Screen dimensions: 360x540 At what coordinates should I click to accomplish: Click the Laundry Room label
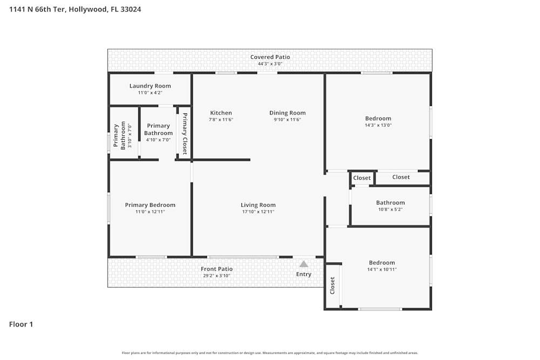coord(150,86)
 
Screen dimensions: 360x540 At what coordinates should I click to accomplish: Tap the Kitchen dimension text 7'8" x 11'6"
coord(221,120)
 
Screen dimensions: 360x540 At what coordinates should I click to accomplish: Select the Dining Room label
coord(287,113)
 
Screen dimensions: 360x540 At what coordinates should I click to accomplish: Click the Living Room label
coord(258,205)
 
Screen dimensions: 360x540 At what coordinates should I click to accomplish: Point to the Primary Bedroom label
coord(150,205)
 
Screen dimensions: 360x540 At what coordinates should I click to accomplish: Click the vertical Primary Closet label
coord(184,134)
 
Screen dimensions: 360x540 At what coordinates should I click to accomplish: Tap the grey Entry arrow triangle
coord(303,264)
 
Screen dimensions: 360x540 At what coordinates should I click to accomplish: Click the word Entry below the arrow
coord(303,274)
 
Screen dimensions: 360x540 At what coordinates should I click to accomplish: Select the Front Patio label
coord(217,269)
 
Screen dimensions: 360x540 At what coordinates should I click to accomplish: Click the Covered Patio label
coord(270,57)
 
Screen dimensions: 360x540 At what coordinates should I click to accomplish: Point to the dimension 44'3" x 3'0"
coord(270,64)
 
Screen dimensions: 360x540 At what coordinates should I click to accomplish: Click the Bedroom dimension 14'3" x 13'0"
coord(378,125)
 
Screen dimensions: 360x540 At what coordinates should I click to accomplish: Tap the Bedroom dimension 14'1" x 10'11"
coord(382,269)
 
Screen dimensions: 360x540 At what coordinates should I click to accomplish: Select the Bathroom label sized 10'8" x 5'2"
coord(390,203)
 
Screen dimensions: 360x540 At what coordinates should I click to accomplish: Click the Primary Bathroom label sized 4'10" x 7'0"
coord(158,130)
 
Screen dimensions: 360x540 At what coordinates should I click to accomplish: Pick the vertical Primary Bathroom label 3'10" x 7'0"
coord(119,135)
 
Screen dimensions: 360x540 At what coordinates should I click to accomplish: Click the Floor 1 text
coord(21,324)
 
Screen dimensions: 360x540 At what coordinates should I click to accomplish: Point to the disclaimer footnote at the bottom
coord(270,352)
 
